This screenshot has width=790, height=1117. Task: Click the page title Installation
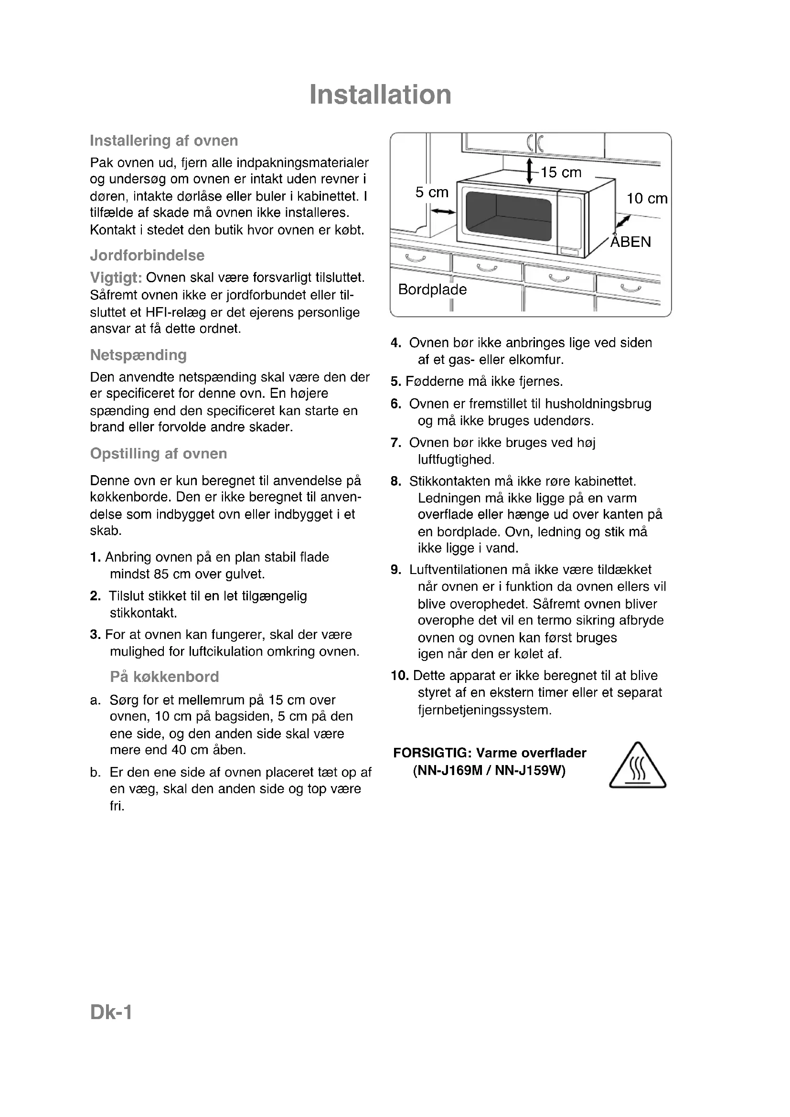pyautogui.click(x=380, y=95)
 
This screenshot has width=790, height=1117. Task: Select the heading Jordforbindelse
pyautogui.click(x=147, y=255)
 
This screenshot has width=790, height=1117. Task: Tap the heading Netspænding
pyautogui.click(x=138, y=355)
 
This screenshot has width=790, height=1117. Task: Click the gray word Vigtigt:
pyautogui.click(x=116, y=278)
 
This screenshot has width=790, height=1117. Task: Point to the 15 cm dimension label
pyautogui.click(x=560, y=172)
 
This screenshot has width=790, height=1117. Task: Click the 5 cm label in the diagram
pyautogui.click(x=431, y=192)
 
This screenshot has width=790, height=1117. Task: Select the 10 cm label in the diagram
pyautogui.click(x=647, y=199)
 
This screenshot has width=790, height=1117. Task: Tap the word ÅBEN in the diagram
pyautogui.click(x=630, y=242)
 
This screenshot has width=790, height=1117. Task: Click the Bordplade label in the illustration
pyautogui.click(x=432, y=289)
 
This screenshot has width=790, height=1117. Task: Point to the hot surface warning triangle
pyautogui.click(x=637, y=767)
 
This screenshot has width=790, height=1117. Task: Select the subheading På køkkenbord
pyautogui.click(x=164, y=677)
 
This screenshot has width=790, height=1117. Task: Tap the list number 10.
pyautogui.click(x=400, y=676)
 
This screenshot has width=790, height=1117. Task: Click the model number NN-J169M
pyautogui.click(x=448, y=771)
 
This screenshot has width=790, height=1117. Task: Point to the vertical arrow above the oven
pyautogui.click(x=529, y=170)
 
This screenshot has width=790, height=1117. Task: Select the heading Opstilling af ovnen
pyautogui.click(x=159, y=454)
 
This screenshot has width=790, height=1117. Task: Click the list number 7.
pyautogui.click(x=395, y=443)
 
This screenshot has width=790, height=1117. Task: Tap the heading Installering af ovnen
pyautogui.click(x=164, y=141)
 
